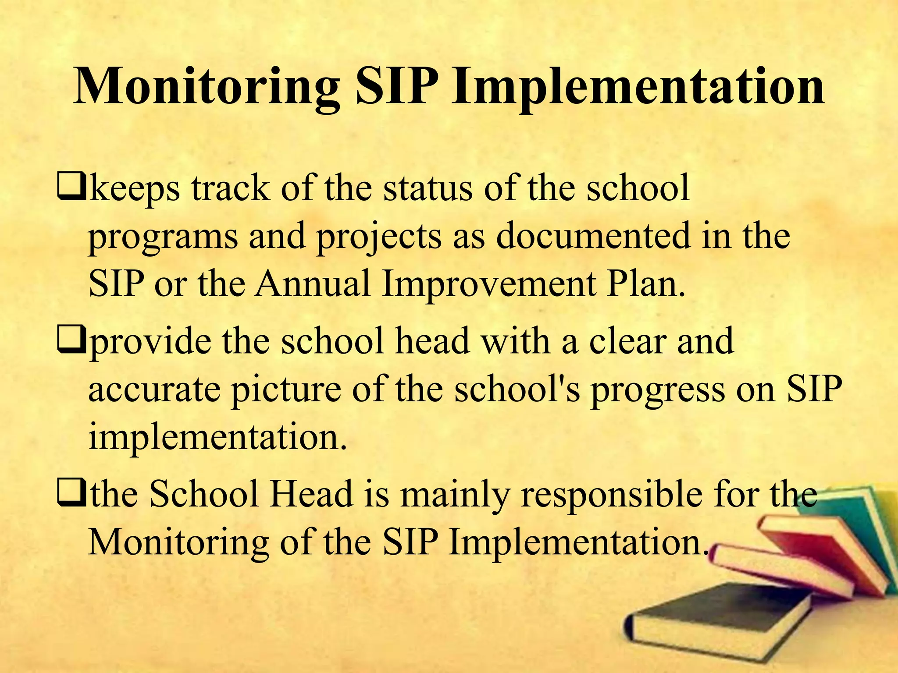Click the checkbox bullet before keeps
70,189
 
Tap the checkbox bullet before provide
70,342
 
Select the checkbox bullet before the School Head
70,494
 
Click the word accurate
154,390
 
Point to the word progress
658,390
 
